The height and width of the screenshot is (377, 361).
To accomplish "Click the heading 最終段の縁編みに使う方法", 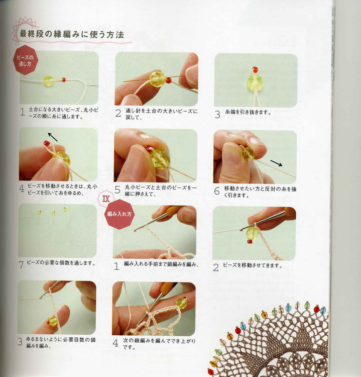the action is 72,34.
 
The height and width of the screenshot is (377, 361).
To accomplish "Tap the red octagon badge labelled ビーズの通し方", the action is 25,60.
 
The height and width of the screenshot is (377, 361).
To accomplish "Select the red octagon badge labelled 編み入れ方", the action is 119,214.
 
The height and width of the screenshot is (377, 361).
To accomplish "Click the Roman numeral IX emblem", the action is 106,199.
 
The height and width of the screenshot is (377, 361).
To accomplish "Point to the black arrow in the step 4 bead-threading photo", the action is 53,137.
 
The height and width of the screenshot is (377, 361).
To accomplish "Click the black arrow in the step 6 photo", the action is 277,163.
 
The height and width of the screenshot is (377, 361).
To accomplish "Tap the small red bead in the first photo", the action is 64,79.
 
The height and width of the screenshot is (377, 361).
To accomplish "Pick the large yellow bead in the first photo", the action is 49,81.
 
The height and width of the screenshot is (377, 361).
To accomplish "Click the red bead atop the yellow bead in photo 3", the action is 255,70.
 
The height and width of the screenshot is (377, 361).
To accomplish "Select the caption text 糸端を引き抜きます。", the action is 248,112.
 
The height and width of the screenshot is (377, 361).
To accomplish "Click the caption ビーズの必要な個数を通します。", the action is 61,263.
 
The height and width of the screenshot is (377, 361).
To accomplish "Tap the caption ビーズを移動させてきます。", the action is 253,265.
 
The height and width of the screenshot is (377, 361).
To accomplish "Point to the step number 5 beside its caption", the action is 117,190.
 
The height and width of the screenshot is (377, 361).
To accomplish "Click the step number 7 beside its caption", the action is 21,265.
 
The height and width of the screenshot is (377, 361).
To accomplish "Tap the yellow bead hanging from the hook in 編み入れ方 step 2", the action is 252,233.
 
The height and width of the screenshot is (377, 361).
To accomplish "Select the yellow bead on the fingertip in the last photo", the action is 182,303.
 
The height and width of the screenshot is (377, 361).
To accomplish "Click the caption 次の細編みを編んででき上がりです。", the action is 159,344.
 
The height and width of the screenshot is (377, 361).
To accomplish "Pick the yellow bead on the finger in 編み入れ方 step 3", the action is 53,321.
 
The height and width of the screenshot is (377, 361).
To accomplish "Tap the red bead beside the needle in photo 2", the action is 169,80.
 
